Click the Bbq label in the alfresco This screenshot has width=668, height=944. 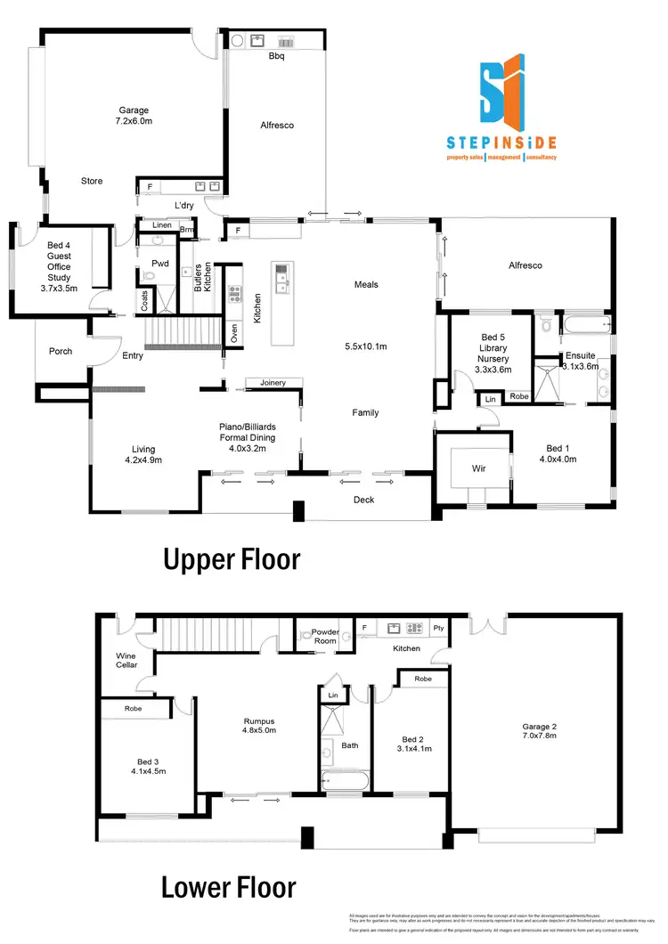276,54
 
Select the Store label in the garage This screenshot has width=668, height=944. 92,181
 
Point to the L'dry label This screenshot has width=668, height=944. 184,206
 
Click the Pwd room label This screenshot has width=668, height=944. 160,264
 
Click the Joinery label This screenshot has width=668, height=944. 273,383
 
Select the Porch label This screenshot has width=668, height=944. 61,351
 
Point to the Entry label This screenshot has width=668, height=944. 133,355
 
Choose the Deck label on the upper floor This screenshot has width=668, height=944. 363,500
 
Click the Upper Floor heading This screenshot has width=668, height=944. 231,559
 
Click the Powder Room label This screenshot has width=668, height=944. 325,637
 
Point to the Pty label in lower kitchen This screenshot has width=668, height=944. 438,628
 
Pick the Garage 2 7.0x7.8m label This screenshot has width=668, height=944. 542,732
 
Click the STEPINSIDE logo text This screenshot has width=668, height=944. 501,142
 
